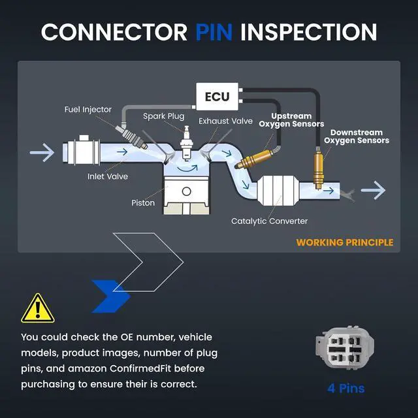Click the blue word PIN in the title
click(x=214, y=32)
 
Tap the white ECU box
click(x=217, y=97)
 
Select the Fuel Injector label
click(x=88, y=110)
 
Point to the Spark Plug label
click(x=164, y=116)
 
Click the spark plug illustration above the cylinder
click(x=186, y=144)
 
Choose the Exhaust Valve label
click(x=225, y=121)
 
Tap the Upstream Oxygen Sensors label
click(x=291, y=120)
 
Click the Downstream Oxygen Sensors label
click(x=357, y=137)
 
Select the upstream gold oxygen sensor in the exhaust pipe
click(x=255, y=159)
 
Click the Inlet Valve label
click(x=108, y=176)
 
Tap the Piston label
click(x=143, y=203)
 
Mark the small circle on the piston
click(x=186, y=191)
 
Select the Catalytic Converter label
click(x=269, y=221)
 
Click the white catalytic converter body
click(x=279, y=190)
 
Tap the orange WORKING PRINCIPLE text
click(x=345, y=242)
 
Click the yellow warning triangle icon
click(x=38, y=308)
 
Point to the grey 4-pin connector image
click(x=345, y=347)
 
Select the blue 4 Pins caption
click(x=346, y=389)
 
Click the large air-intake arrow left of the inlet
click(x=42, y=152)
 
